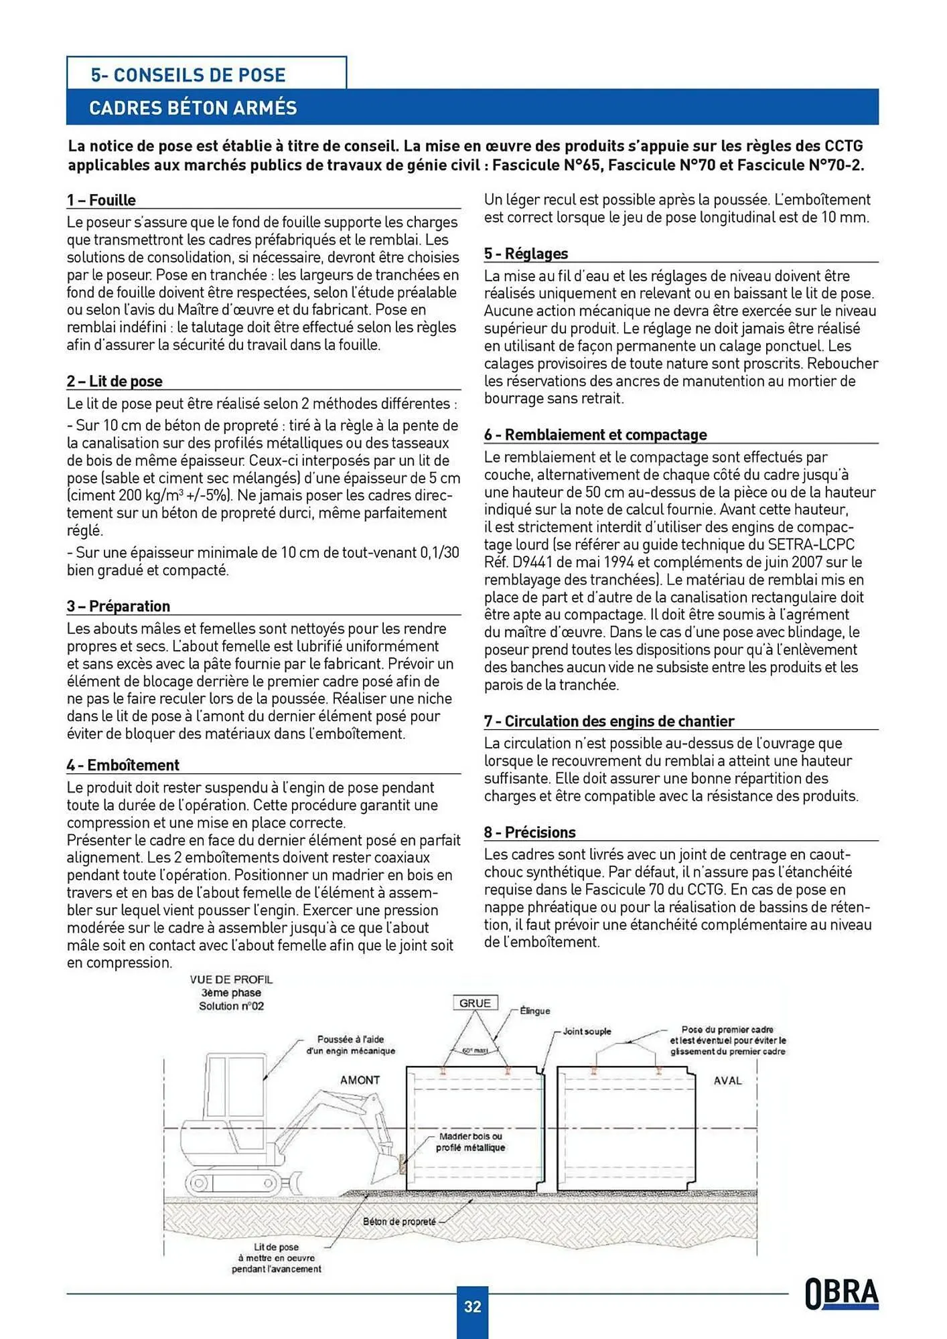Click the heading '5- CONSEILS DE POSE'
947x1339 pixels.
pos(188,74)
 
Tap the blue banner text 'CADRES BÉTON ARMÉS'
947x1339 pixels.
pos(193,108)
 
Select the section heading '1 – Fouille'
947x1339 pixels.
pos(101,200)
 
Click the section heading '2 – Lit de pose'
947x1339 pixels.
pos(115,381)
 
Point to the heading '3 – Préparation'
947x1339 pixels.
pos(119,606)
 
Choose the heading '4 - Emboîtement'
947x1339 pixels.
pos(123,765)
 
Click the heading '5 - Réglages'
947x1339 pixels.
pos(526,254)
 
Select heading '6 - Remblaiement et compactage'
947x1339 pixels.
pos(595,435)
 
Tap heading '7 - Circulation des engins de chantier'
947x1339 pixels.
pos(609,721)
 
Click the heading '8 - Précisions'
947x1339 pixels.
pos(530,832)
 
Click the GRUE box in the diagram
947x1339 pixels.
pos(475,1003)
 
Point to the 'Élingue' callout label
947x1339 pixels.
pos(534,1011)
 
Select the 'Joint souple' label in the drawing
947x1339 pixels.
pos(587,1031)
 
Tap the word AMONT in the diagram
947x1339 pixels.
pos(360,1080)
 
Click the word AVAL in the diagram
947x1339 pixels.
pos(727,1081)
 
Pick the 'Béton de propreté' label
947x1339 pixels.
pos(399,1222)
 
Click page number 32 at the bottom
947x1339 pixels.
pos(472,1306)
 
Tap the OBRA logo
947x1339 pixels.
pos(842,1293)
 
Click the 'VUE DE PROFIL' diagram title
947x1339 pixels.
pos(231,979)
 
